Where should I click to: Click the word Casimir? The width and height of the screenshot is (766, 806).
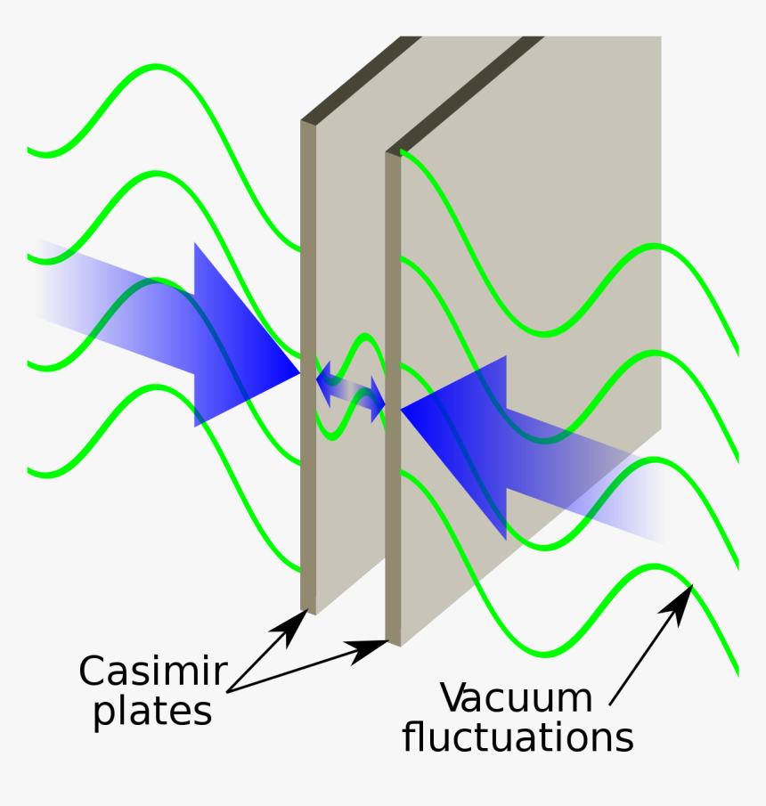click(x=153, y=671)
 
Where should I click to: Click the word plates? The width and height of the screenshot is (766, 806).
click(x=153, y=712)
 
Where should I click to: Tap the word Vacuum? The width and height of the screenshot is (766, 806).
click(x=516, y=698)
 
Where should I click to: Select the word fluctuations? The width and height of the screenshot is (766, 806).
click(x=517, y=738)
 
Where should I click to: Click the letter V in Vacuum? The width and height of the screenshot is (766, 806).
click(x=455, y=698)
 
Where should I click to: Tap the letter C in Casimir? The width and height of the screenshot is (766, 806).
click(x=92, y=671)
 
